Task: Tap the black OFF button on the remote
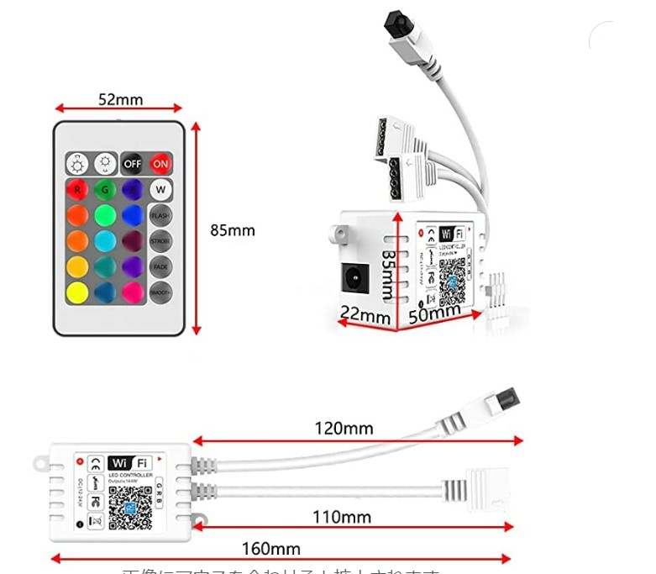click(132, 163)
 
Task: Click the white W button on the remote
click(160, 189)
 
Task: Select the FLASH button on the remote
click(160, 215)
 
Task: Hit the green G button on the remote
click(104, 189)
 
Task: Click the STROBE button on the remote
click(160, 241)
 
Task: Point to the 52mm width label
click(120, 99)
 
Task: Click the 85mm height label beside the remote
click(232, 230)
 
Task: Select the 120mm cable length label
click(344, 429)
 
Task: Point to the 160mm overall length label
click(270, 549)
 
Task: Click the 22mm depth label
click(365, 316)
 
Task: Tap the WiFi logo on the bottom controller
click(130, 462)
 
